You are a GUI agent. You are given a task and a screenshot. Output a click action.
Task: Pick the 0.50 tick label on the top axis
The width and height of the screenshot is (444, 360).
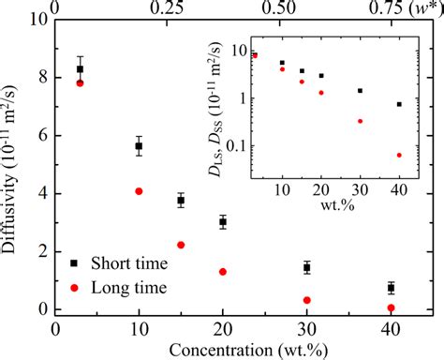coord(278,7)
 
